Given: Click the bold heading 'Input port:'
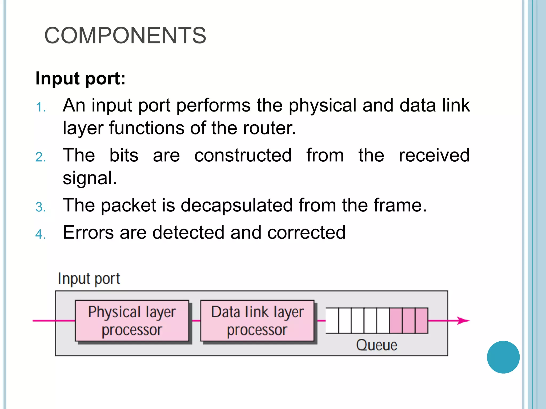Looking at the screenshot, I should tap(80, 78).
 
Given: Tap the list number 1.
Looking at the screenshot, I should tap(41, 108).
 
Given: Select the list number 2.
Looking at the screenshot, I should tap(41, 157).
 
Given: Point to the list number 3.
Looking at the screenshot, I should tap(41, 207).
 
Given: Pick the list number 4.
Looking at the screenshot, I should tap(41, 234).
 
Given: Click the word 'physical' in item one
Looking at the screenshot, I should tap(322, 105).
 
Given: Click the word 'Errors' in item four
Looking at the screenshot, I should tap(88, 232).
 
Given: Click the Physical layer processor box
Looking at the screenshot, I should tap(132, 321).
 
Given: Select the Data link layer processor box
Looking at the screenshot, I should tap(257, 321).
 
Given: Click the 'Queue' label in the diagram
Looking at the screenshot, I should tap(376, 345).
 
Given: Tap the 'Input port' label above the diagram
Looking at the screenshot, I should tap(89, 279).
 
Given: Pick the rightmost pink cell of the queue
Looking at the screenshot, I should tap(421, 321).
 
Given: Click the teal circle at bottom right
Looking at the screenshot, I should tap(503, 357).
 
